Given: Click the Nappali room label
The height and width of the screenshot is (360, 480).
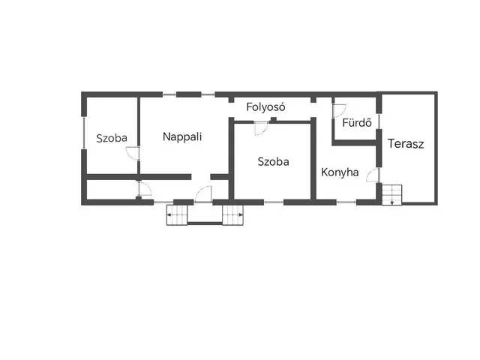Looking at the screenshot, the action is [182, 136].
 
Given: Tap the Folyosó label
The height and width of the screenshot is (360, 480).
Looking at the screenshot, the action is [265, 106].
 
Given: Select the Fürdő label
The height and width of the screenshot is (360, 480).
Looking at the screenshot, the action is [357, 122].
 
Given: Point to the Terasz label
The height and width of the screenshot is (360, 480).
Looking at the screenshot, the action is [406, 143].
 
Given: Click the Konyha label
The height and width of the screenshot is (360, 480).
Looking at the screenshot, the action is [340, 172].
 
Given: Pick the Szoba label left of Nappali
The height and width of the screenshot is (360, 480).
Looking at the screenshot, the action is [112, 138].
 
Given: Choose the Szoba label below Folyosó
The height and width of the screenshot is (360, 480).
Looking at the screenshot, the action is [273, 162].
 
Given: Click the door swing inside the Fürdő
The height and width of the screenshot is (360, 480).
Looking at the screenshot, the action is [339, 110].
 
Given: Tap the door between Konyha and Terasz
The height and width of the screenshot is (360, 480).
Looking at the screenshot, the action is [373, 175].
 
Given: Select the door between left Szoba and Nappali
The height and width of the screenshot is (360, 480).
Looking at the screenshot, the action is [133, 153].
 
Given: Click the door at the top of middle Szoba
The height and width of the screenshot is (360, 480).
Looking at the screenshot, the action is [262, 128].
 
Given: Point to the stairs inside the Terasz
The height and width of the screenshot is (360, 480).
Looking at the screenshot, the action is [391, 195].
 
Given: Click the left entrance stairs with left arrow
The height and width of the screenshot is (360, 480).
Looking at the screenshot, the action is [177, 215].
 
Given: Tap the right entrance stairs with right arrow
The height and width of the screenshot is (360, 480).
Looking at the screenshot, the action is [233, 215].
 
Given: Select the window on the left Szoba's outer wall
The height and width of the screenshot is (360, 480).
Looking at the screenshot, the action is [84, 133].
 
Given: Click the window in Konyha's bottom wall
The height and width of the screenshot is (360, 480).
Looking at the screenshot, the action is [346, 202].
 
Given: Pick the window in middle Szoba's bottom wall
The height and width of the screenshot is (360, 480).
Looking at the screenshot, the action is [274, 202].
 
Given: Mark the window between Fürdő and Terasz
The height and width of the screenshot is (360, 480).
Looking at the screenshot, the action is [379, 121].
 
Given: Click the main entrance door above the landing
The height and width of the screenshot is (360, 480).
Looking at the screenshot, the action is [203, 194].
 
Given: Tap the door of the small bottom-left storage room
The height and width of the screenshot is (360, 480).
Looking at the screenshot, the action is [145, 188].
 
